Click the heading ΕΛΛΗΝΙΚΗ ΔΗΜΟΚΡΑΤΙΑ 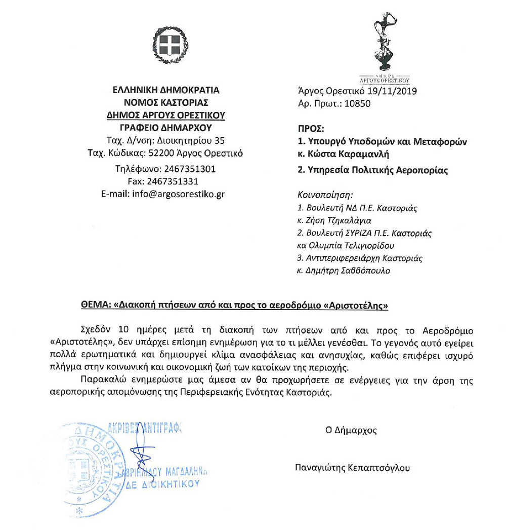pos(166,91)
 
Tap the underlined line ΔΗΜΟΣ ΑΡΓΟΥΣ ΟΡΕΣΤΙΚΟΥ pos(166,115)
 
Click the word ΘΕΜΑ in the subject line pos(95,306)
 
